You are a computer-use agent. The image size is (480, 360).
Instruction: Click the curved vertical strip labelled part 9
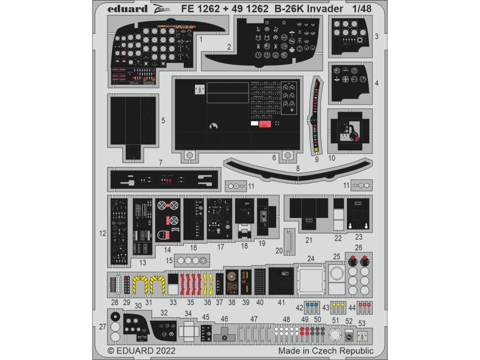pos(315,117)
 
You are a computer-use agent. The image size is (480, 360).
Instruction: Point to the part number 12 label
pos(103,232)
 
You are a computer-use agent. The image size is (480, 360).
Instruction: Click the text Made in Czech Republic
pos(326,351)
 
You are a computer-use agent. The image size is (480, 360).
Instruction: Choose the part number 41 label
pos(281,303)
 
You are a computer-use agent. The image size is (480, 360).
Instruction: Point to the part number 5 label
pos(163,120)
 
